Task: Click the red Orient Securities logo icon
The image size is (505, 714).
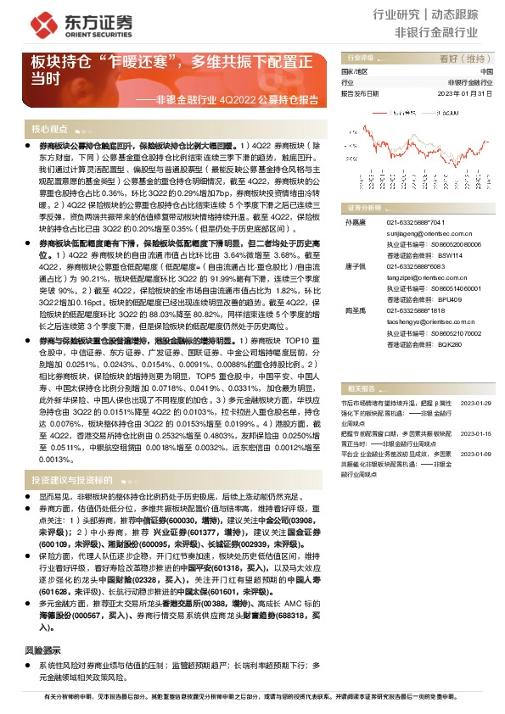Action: click(x=41, y=21)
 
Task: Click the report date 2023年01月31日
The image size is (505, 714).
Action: click(x=466, y=94)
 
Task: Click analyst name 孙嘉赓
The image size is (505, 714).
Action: click(x=351, y=221)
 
